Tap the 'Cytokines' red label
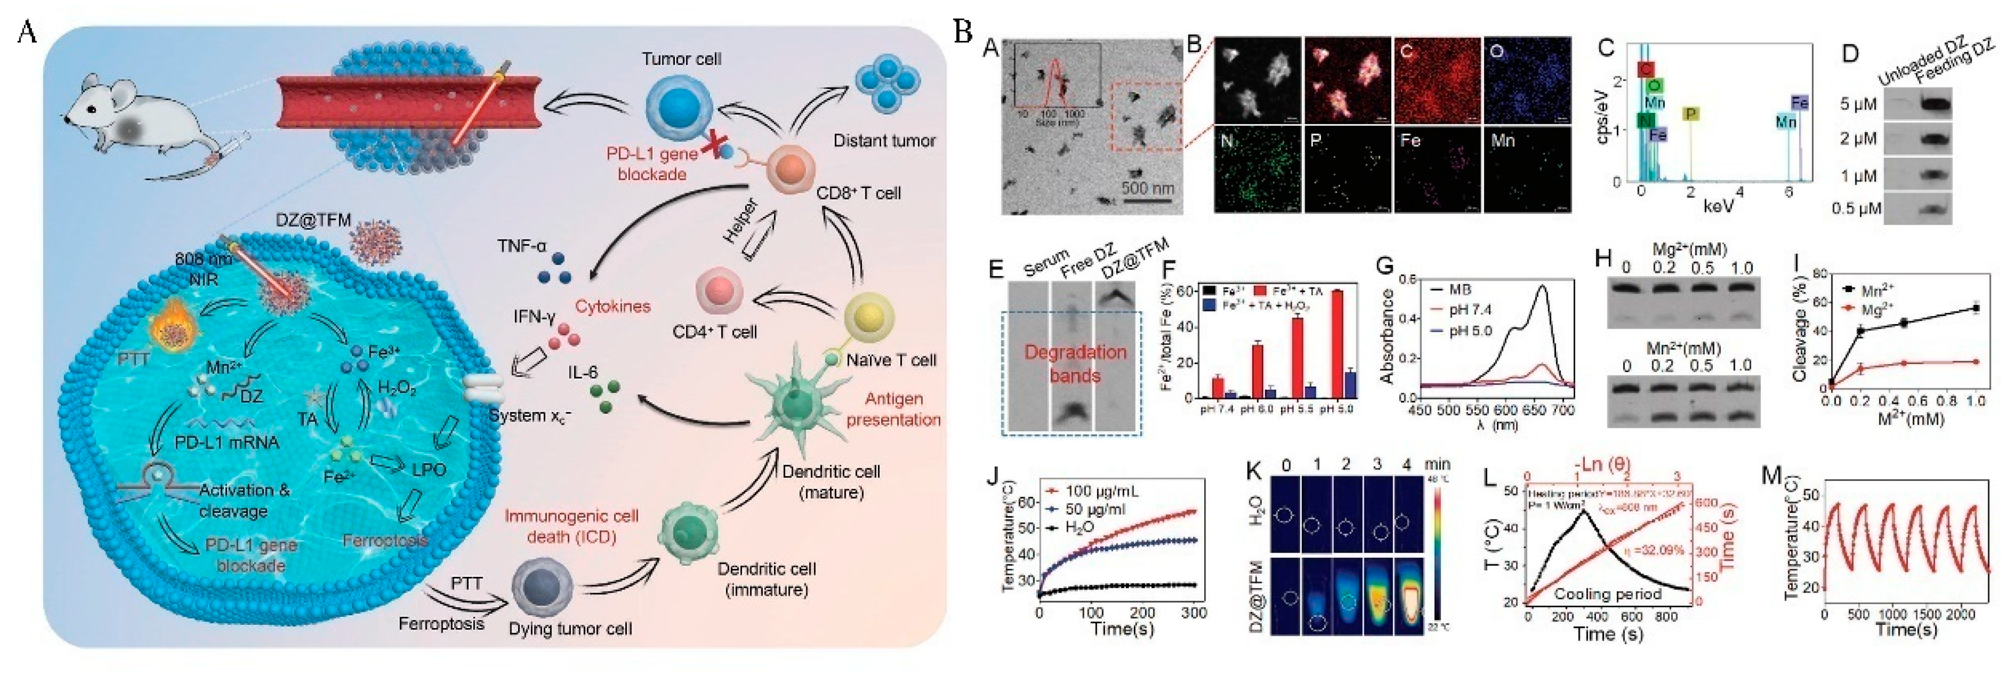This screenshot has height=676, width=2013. [x=613, y=306]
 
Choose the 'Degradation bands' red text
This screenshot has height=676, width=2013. [x=1075, y=364]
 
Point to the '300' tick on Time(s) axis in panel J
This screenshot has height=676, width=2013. [x=1193, y=613]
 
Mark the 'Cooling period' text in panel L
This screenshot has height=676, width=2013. [x=1608, y=594]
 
